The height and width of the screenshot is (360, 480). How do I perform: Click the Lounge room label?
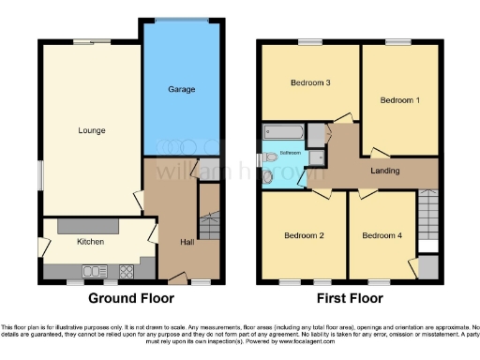click(x=91, y=130)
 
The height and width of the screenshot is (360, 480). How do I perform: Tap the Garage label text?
click(x=182, y=89)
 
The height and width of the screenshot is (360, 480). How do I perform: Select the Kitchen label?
click(x=90, y=242)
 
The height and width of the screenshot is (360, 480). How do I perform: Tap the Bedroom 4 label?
click(x=382, y=234)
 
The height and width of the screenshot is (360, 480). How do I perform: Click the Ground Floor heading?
click(x=131, y=299)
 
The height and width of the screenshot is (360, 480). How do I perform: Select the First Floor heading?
click(x=349, y=299)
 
